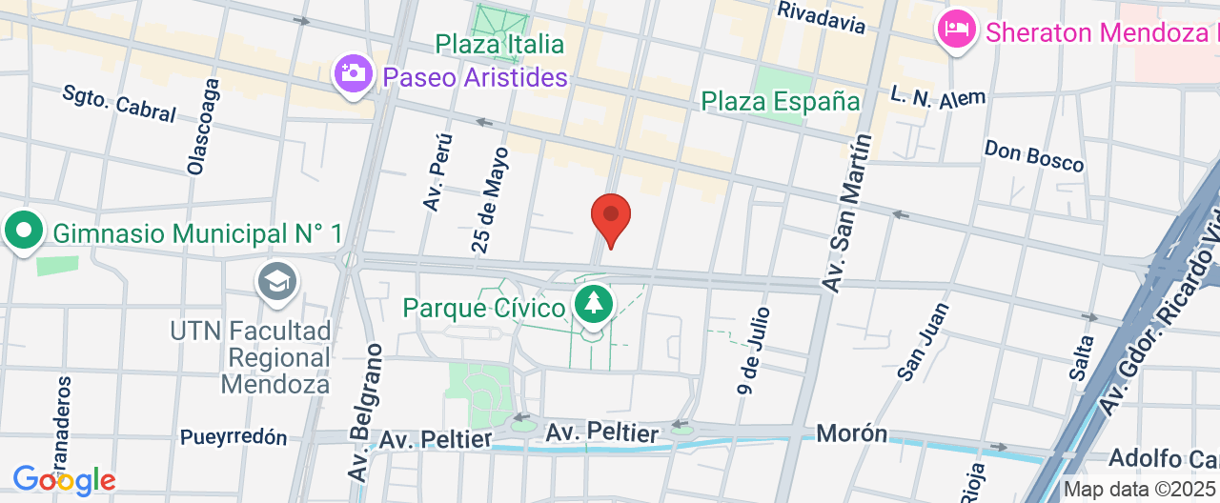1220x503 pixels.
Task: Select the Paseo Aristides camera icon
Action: [353, 73]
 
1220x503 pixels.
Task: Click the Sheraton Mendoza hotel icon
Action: [956, 30]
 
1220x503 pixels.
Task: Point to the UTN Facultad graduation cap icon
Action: [277, 281]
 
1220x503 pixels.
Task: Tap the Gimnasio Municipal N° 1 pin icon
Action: [24, 231]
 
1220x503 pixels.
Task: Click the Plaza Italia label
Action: [499, 44]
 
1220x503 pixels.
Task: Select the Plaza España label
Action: [781, 101]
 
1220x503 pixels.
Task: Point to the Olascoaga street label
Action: [204, 126]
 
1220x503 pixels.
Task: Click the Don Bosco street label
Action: [1034, 156]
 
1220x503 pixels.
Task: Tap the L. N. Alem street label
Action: [938, 96]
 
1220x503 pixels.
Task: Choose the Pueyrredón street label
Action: [234, 437]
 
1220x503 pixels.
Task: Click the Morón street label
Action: [851, 433]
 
